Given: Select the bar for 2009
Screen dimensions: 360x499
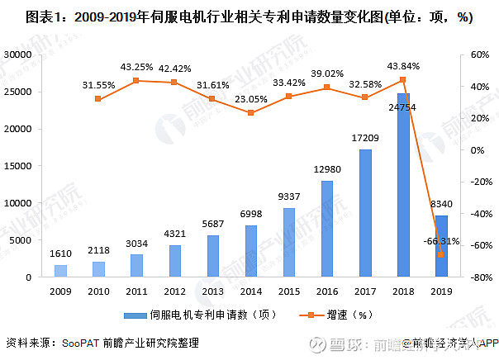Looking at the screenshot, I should coord(60,271).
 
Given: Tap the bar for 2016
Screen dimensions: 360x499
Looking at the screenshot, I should coord(326,229).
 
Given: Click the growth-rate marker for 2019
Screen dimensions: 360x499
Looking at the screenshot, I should coord(441,254).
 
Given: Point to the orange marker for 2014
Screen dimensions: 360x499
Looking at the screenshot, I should coord(250,112).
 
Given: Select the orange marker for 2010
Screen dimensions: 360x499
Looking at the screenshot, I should coord(98,99).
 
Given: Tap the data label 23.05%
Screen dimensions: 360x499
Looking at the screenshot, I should coord(250,99).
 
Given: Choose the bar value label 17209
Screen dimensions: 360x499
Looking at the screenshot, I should coord(364,139).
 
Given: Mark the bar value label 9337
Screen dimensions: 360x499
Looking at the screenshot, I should coord(288,197).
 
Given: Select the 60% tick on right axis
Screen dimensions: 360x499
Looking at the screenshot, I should coord(480,54).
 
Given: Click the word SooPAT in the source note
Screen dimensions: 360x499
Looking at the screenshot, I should coord(79,343).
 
